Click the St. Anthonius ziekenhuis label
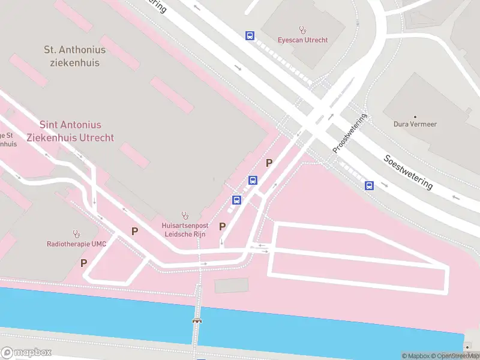pyautogui.click(x=75, y=56)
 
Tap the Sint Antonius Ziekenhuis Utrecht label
pyautogui.click(x=70, y=131)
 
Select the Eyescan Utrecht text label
pyautogui.click(x=302, y=40)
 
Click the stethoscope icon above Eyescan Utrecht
pyautogui.click(x=303, y=29)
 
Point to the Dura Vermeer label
pyautogui.click(x=415, y=125)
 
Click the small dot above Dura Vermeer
pyautogui.click(x=415, y=116)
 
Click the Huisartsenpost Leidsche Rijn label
pyautogui.click(x=184, y=230)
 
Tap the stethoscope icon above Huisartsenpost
pyautogui.click(x=185, y=215)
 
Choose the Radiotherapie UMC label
pyautogui.click(x=76, y=244)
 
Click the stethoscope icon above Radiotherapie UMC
pyautogui.click(x=76, y=233)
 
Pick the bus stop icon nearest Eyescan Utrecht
pyautogui.click(x=250, y=36)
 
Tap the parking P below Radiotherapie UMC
pyautogui.click(x=83, y=263)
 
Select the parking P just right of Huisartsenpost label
pyautogui.click(x=223, y=226)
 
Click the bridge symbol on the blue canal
pyautogui.click(x=197, y=321)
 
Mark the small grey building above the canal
pyautogui.click(x=230, y=286)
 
